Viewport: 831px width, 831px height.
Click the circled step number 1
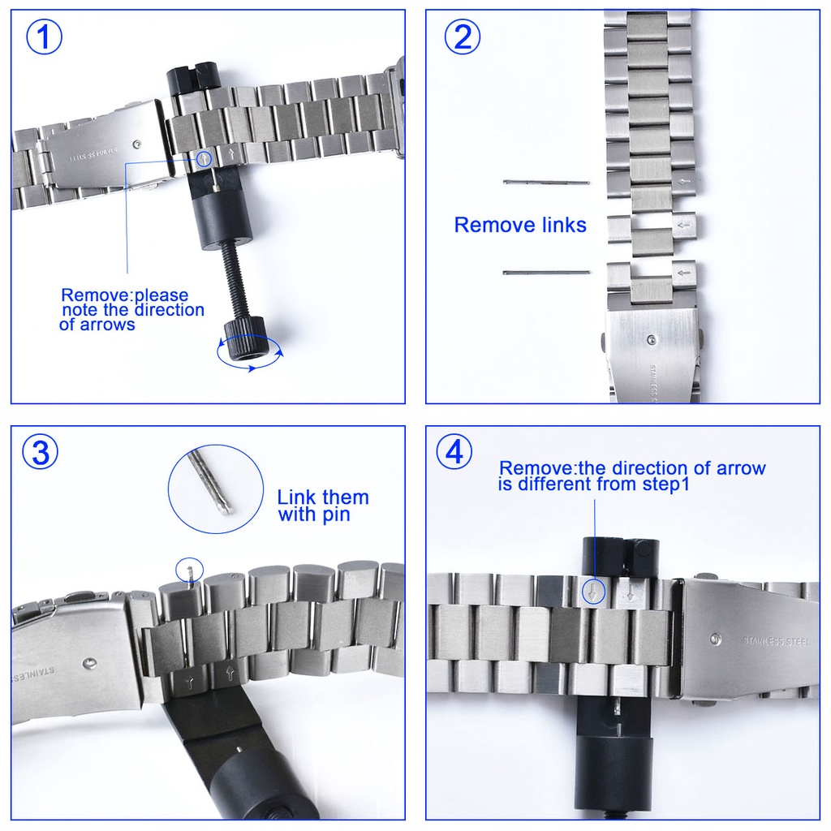pos(45,37)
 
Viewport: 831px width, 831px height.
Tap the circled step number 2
pos(462,37)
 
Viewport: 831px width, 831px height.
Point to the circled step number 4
pos(454,452)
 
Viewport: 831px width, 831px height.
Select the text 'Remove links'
pos(520,225)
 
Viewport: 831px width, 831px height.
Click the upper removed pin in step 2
pos(545,182)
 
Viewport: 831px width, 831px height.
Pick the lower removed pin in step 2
pos(545,272)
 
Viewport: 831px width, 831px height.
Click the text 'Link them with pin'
pos(323,506)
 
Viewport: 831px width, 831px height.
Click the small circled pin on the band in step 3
pos(189,571)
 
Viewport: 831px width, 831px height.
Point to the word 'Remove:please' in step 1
pos(124,295)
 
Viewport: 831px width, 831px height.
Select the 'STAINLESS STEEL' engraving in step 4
pos(775,641)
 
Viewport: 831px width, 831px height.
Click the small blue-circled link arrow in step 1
pos(203,159)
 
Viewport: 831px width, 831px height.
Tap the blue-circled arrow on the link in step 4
pos(595,592)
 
